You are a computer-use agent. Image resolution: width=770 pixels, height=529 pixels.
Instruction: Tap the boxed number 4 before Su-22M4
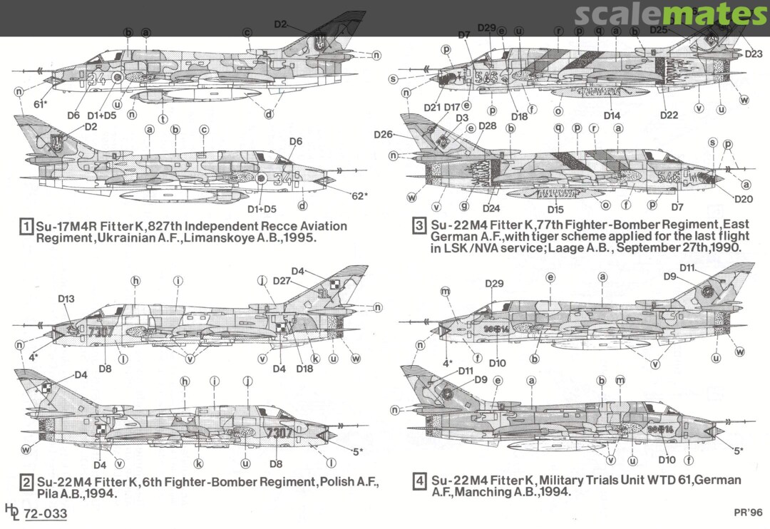420,482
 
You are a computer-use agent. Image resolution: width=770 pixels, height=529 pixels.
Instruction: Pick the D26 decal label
383,134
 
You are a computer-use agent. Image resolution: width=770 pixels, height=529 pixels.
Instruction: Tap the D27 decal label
282,282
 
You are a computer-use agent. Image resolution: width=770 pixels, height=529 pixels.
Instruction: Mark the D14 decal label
612,115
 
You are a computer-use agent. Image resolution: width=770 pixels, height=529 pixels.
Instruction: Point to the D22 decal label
669,115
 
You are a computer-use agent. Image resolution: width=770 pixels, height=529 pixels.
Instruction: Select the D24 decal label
491,209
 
